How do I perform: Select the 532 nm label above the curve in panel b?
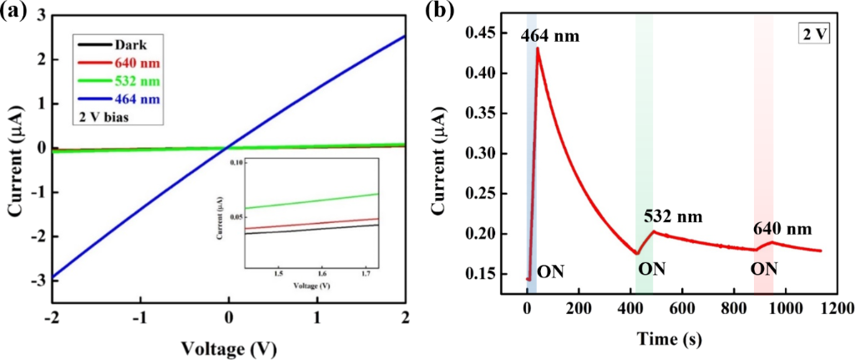tap(673, 216)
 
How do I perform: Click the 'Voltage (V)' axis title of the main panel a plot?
tap(227, 346)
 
